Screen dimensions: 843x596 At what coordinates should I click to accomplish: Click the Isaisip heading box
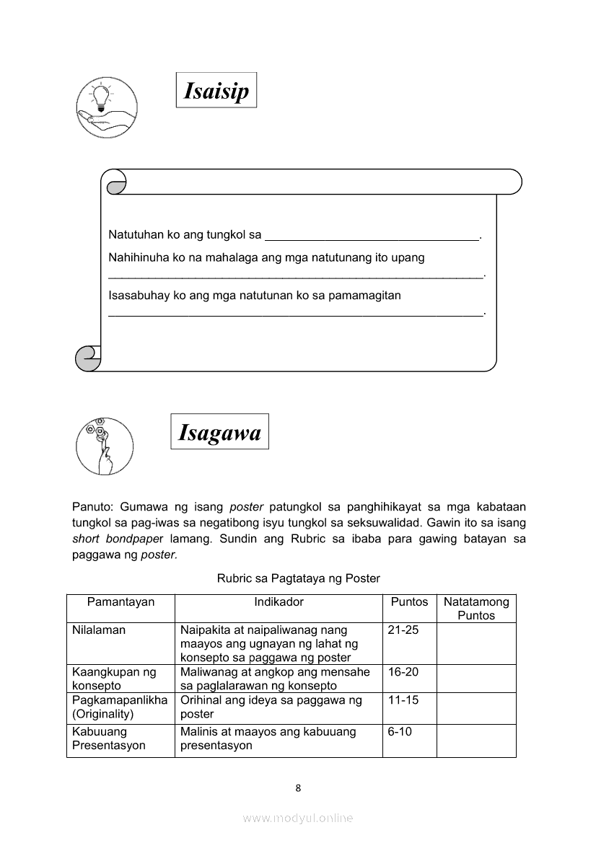coord(216,90)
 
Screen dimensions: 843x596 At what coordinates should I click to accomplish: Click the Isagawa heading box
coord(219,432)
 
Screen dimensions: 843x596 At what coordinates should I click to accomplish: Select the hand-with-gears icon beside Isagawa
coord(104,445)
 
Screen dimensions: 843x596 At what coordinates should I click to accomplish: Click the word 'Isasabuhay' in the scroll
coord(136,295)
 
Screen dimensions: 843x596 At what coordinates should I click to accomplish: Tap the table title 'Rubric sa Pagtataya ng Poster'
coord(298,578)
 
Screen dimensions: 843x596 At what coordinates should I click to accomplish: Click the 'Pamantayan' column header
coord(120,602)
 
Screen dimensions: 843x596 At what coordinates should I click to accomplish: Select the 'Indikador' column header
coord(279,602)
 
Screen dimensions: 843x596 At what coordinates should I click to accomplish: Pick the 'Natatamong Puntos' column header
coord(476,609)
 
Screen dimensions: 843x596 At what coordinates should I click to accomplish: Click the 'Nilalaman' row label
coord(99,630)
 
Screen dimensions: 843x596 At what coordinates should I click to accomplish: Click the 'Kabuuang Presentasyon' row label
coord(109,738)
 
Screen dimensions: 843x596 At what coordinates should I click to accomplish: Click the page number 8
coord(298,788)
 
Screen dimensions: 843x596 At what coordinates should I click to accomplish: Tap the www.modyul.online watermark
coord(298,818)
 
